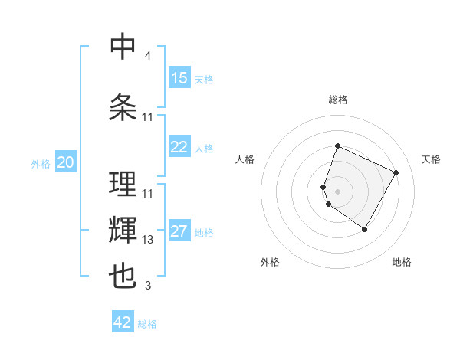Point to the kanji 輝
point(123,231)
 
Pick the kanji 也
point(123,277)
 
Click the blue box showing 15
point(179,78)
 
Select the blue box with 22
point(179,147)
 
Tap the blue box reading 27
point(179,231)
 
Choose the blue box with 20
point(66,162)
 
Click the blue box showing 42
point(123,322)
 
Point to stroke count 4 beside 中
point(147,56)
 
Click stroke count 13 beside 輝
point(148,240)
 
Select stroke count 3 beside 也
point(147,286)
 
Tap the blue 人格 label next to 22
point(204,148)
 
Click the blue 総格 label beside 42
point(147,323)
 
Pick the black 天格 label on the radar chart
point(432,159)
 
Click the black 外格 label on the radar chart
point(270,262)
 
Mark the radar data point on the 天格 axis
point(396,172)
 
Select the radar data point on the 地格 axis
point(365,229)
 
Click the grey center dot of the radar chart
point(338,191)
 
